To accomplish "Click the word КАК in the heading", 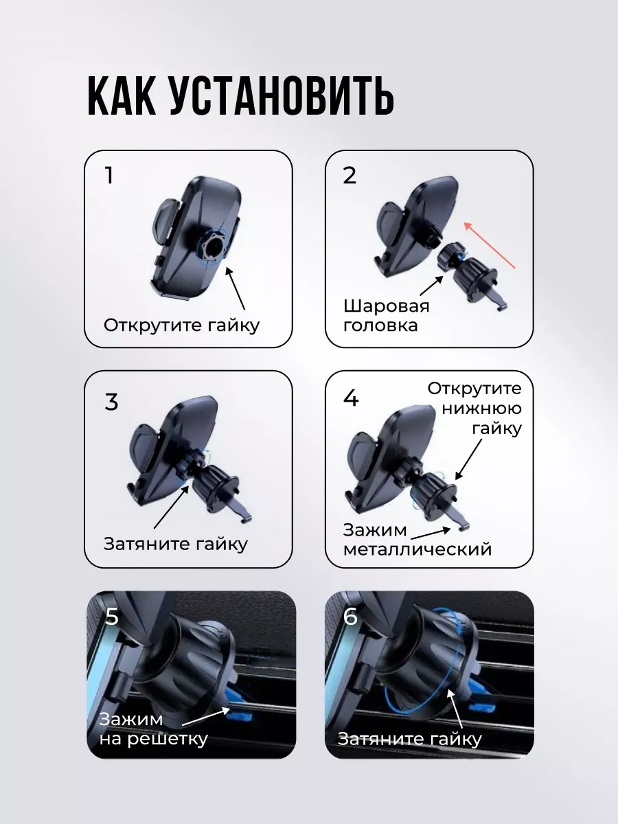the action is (x=122, y=97).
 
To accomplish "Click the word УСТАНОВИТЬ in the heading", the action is (x=282, y=97).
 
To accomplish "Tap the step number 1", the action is (x=109, y=175).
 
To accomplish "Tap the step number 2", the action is (x=350, y=175).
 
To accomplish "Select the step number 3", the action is (x=111, y=402).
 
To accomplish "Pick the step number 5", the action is (x=112, y=616).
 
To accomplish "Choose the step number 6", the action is (x=350, y=616).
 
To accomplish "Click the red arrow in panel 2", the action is (x=490, y=245).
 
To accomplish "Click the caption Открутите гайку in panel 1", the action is (x=181, y=325).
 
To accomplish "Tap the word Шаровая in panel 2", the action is (x=386, y=307).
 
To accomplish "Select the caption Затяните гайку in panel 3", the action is (x=176, y=544).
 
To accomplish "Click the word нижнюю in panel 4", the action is (x=482, y=409).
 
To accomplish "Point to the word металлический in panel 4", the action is (x=417, y=549).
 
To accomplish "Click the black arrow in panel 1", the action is (x=235, y=288).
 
